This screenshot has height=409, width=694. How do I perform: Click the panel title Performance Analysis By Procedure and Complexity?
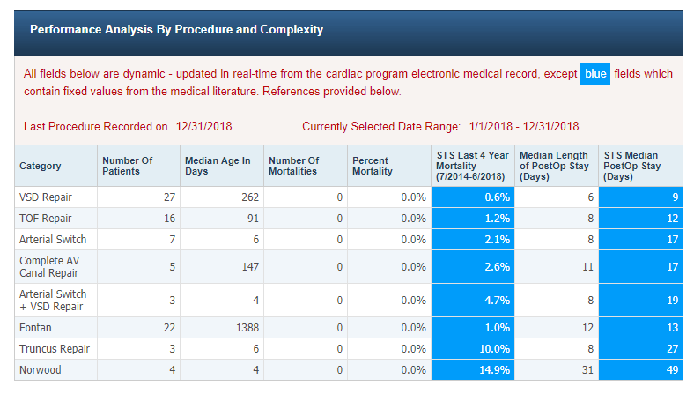click(x=176, y=30)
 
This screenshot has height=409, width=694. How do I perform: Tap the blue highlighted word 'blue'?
click(x=595, y=74)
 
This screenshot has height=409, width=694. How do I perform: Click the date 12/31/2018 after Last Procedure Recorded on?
click(x=203, y=127)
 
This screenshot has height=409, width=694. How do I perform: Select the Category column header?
click(x=41, y=166)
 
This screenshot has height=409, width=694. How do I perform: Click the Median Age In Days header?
click(x=218, y=166)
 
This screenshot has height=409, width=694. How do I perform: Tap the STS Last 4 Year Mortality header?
click(x=470, y=166)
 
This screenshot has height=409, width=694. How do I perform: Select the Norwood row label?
click(x=41, y=370)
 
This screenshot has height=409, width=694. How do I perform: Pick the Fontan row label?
click(x=36, y=328)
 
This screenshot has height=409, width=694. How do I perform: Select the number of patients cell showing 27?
click(x=169, y=197)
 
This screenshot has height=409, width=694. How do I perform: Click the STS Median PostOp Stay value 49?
click(x=673, y=370)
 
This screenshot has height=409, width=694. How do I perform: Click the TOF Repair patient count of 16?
click(x=169, y=218)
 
